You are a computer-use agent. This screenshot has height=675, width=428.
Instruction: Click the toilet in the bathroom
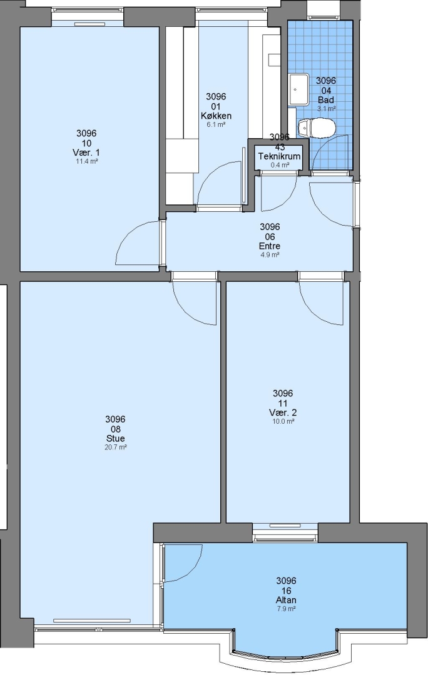click(317, 127)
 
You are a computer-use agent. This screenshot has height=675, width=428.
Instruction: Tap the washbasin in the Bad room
click(298, 89)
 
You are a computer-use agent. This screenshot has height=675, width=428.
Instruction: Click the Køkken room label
click(216, 116)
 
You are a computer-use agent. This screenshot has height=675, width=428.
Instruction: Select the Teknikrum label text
click(279, 156)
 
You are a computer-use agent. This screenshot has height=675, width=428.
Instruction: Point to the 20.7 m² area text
click(116, 447)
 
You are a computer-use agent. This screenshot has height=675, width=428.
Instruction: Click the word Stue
click(116, 438)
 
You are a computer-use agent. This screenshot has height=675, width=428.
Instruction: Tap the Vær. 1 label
click(86, 152)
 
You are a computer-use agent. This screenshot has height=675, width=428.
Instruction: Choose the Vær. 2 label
click(283, 412)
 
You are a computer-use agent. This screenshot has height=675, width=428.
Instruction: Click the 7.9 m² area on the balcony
click(286, 609)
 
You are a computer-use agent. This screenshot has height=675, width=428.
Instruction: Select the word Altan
click(286, 600)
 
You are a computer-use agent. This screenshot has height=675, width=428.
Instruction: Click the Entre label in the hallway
click(270, 246)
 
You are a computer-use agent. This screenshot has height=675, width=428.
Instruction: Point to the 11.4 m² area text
click(86, 161)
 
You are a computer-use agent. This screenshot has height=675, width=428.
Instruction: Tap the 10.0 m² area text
click(283, 421)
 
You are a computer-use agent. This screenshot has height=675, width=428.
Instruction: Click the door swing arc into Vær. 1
click(128, 233)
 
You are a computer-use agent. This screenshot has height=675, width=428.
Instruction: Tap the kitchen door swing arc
click(210, 174)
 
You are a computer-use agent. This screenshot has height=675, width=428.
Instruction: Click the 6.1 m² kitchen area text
click(216, 125)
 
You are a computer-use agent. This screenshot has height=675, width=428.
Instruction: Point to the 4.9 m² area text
click(270, 255)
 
